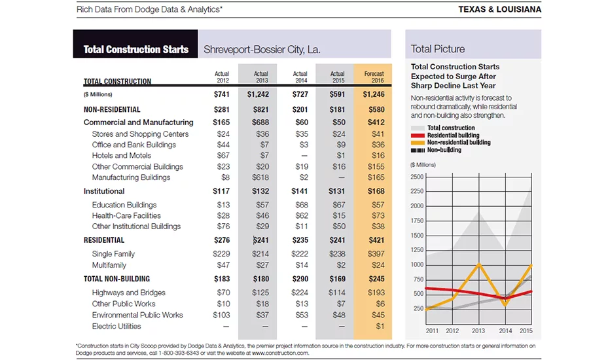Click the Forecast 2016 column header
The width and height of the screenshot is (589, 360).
(x=374, y=77)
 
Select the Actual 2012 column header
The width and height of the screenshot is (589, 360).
(x=222, y=77)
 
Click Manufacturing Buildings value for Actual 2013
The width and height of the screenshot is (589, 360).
(x=260, y=177)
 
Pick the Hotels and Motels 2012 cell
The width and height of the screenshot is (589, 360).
(x=223, y=156)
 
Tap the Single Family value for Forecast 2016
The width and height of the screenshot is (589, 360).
(x=376, y=254)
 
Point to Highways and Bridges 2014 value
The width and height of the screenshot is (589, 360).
(x=300, y=293)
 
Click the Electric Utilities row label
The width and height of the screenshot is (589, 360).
(x=116, y=326)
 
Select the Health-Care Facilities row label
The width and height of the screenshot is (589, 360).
(x=126, y=216)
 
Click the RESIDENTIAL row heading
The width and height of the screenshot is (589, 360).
(x=104, y=240)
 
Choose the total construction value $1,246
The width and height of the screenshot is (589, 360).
(x=374, y=94)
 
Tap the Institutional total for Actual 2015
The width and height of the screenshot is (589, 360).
(x=336, y=191)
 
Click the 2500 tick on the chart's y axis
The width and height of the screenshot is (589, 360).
(x=417, y=177)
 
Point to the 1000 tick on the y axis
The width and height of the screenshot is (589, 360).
(x=417, y=265)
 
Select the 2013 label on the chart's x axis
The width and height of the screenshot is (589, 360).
(x=478, y=331)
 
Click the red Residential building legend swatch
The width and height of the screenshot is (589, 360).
(x=418, y=135)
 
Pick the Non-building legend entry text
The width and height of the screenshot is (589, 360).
(x=444, y=150)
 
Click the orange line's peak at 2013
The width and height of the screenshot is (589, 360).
(x=478, y=264)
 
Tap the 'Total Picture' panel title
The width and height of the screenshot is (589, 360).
(x=438, y=49)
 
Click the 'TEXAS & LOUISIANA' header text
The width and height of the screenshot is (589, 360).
(x=499, y=9)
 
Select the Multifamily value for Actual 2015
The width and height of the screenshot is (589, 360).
(x=341, y=265)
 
